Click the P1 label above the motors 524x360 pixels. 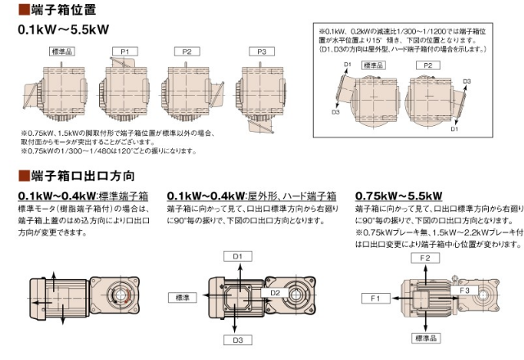coord(124,52)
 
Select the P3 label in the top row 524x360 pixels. coord(260,52)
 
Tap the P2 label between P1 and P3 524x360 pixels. coord(187,52)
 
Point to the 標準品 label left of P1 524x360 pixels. coord(63,52)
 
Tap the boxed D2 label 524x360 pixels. coord(276,292)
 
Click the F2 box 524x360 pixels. coord(425,258)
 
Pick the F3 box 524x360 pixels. coord(463,290)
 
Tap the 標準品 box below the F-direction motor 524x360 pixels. coord(425,337)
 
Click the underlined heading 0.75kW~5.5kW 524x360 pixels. coord(398,196)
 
